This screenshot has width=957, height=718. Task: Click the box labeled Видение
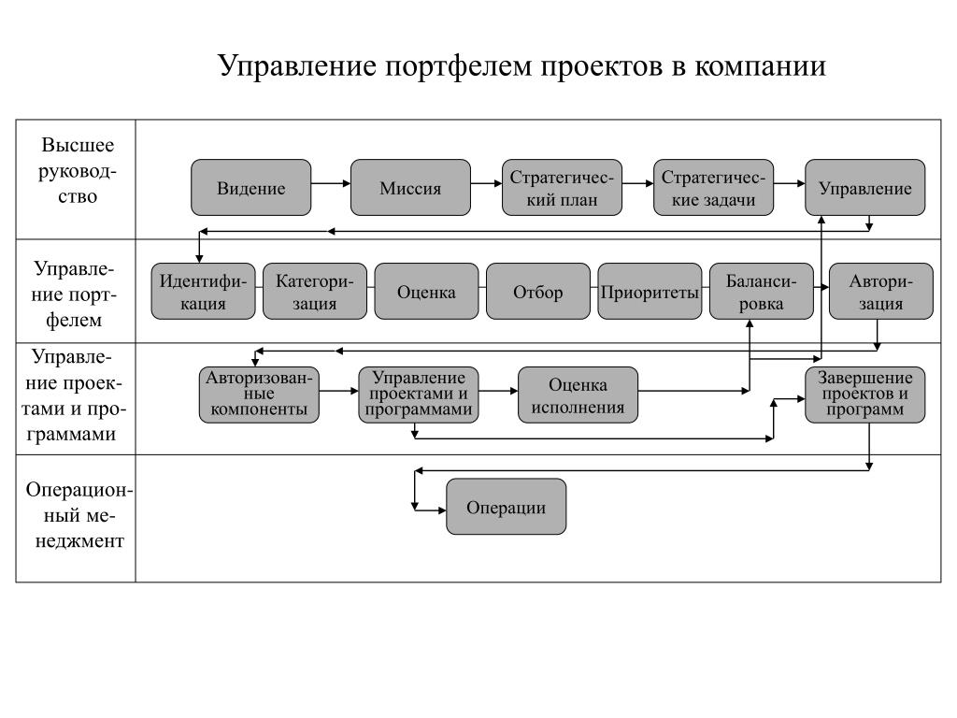[x=250, y=187]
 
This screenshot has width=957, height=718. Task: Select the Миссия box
[x=410, y=187]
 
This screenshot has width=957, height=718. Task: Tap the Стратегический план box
[x=562, y=187]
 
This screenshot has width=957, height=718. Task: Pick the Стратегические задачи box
[x=713, y=187]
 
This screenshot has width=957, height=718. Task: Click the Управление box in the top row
[x=864, y=187]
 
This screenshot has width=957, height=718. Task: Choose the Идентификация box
[x=203, y=292]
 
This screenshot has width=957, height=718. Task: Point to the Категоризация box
[x=315, y=292]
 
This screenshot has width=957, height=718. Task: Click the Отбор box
[x=538, y=292]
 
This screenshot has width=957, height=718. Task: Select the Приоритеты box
[x=650, y=292]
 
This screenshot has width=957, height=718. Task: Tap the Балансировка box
[x=761, y=292]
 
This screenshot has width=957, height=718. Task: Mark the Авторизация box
[x=880, y=292]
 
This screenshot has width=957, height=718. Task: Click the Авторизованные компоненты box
[x=259, y=395]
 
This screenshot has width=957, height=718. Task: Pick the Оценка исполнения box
[x=578, y=395]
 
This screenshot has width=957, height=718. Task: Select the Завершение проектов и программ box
[x=864, y=395]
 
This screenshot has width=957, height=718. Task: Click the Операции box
[x=506, y=507]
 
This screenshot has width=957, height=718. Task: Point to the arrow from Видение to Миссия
[x=331, y=183]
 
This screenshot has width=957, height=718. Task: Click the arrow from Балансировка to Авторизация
[x=821, y=287]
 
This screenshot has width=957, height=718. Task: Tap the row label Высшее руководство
[x=78, y=170]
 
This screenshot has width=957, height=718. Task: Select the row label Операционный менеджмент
[x=79, y=515]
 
